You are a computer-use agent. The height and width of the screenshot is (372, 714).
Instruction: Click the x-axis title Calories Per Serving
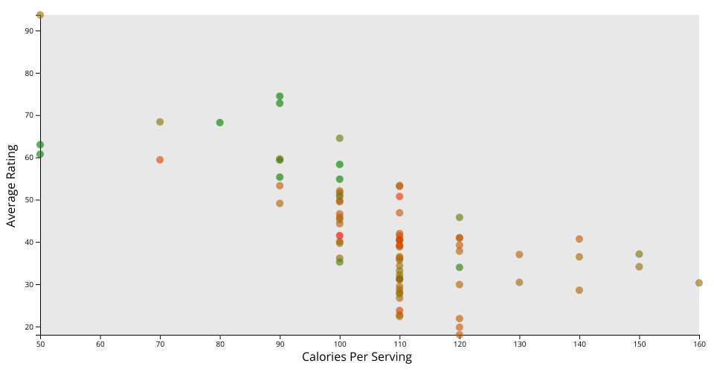pos(356,357)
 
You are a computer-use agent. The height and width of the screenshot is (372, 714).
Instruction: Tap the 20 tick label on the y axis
pos(29,327)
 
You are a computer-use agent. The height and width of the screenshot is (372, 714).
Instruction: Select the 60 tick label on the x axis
pos(100,344)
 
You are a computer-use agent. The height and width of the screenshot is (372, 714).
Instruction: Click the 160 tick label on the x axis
pos(698,344)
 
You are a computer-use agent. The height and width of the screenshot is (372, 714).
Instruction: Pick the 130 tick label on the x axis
pos(519,344)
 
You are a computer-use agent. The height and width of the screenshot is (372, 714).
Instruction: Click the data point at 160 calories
pos(699,283)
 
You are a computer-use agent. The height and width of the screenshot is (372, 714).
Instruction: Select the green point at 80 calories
pos(220,123)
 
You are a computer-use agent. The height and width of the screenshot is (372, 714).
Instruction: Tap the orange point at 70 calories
pos(160,160)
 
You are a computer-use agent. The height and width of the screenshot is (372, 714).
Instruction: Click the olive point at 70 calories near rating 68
pos(160,122)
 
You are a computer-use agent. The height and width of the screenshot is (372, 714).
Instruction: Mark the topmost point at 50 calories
pos(40,15)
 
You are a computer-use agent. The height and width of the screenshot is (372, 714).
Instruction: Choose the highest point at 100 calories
pos(340,138)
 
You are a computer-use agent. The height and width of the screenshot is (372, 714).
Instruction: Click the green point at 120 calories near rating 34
pos(460,267)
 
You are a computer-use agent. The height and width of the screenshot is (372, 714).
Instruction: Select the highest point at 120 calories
pos(460,217)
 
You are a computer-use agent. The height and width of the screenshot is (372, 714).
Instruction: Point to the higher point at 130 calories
pos(519,254)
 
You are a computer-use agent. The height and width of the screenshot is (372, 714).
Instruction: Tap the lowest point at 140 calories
pos(579,290)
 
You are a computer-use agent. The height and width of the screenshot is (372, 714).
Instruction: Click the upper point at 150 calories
pos(639,254)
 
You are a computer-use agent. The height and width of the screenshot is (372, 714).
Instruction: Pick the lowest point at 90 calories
pos(280,203)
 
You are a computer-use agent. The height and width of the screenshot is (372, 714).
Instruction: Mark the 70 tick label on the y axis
pos(29,115)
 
